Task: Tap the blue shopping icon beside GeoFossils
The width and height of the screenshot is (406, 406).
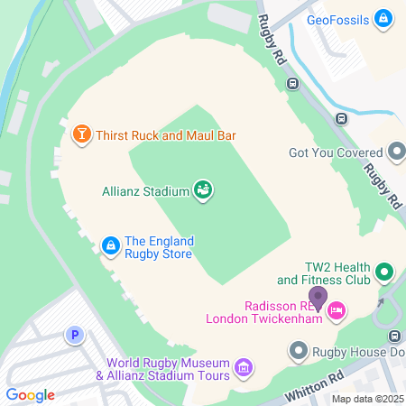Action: (x=383, y=18)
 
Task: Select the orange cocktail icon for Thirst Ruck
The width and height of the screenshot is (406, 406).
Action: (x=81, y=135)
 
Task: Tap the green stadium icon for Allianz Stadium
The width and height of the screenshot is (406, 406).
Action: (x=204, y=189)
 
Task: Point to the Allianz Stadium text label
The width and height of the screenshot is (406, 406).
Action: (x=144, y=190)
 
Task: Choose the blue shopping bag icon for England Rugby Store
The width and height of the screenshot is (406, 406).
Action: (x=110, y=245)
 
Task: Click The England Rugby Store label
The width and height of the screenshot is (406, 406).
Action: (x=159, y=248)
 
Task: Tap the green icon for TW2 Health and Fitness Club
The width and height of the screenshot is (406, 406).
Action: (x=383, y=271)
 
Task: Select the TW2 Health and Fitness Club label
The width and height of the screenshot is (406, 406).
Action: (x=325, y=274)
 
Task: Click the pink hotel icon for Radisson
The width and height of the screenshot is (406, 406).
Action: (x=337, y=311)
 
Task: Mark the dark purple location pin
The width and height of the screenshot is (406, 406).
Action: (x=318, y=296)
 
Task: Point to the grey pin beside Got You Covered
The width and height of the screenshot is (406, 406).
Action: (x=396, y=152)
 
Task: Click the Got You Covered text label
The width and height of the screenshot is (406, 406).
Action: (x=336, y=152)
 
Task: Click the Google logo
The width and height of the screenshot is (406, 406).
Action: (x=30, y=394)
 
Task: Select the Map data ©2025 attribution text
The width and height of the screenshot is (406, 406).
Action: (x=366, y=399)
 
